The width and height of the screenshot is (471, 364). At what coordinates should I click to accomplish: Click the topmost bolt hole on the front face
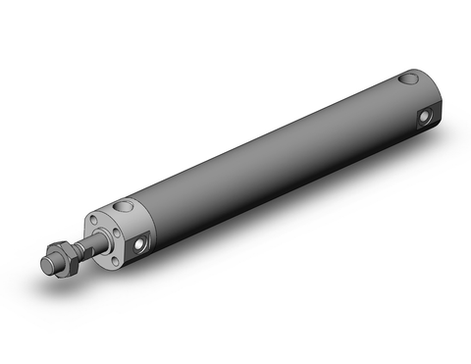tap(93, 221)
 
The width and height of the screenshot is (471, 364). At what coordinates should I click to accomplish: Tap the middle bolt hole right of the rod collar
tap(115, 232)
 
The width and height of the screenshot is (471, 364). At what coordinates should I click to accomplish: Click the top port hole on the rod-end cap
tap(125, 208)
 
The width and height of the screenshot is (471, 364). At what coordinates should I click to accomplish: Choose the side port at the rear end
tap(424, 117)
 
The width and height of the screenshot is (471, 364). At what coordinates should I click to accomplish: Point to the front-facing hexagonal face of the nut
tap(60, 260)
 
